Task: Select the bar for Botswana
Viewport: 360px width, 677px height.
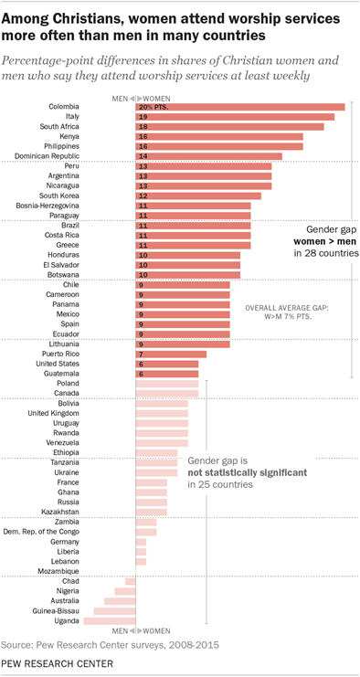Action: coord(187,274)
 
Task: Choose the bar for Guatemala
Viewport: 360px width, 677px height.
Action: coord(167,374)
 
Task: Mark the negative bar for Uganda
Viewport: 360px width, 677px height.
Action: coord(109,621)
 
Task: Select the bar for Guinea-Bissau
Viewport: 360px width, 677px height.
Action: coord(114,611)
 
